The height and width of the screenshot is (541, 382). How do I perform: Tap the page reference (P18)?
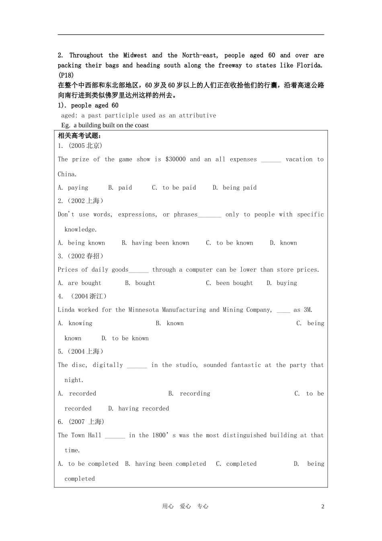click(66, 75)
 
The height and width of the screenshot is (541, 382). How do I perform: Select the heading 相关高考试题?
click(80, 136)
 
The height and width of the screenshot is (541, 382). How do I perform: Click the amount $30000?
click(175, 159)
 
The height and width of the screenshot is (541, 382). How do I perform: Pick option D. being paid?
click(234, 188)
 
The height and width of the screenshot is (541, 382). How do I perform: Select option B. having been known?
click(155, 243)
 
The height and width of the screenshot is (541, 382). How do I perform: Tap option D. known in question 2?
click(283, 243)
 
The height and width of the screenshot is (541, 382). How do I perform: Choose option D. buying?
click(281, 283)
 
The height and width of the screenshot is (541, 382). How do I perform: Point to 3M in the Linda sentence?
click(308, 310)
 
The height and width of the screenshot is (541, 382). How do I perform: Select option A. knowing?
click(75, 323)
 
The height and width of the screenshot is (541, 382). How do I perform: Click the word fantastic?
click(246, 365)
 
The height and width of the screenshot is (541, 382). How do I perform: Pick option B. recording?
click(189, 394)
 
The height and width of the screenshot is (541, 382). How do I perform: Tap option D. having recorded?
click(138, 409)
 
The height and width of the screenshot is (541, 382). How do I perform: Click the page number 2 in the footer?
click(322, 506)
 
